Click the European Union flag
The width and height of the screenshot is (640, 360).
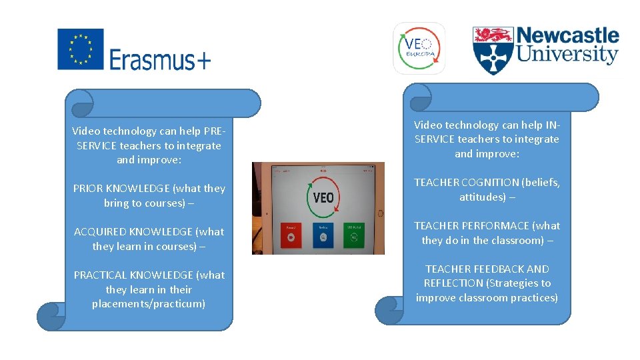click(81, 49)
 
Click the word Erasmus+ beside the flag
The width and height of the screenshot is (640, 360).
click(160, 60)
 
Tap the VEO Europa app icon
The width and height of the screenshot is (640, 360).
click(419, 48)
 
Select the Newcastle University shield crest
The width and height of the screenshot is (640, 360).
click(492, 50)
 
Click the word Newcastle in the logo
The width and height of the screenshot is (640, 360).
click(568, 36)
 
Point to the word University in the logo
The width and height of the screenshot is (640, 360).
click(568, 55)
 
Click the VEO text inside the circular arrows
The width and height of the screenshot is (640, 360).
click(323, 197)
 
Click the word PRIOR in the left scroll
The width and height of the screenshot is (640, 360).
click(88, 189)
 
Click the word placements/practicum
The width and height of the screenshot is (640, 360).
click(149, 304)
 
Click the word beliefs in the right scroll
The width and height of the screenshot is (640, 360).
click(541, 183)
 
